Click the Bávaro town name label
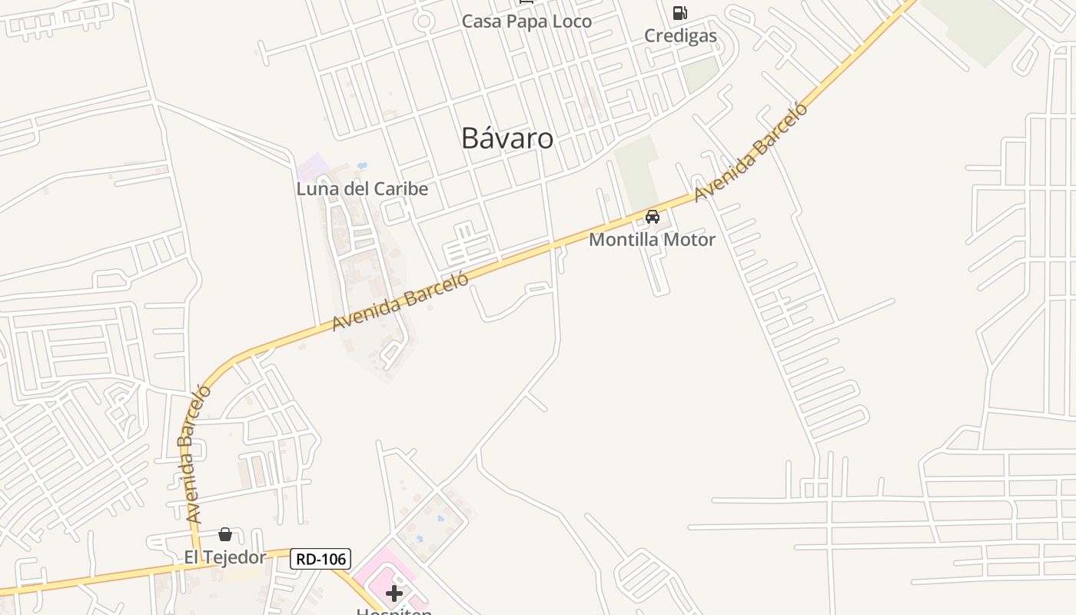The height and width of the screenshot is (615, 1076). [x=507, y=138]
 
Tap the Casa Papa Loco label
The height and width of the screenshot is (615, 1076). [x=526, y=21]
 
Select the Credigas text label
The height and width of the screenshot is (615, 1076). [x=680, y=35]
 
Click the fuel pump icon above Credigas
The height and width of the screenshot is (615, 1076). [x=679, y=12]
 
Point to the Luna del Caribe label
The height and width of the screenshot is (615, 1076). [x=362, y=188]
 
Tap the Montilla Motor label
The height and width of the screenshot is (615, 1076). [x=652, y=239]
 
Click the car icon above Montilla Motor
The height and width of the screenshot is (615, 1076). [x=653, y=217]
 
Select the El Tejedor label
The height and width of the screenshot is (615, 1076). [x=224, y=557]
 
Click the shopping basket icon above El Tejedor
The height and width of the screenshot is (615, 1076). [x=225, y=534]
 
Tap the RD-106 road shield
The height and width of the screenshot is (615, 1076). [x=320, y=559]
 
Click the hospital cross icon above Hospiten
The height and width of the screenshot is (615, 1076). [x=394, y=593]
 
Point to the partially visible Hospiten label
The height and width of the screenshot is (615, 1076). [x=394, y=612]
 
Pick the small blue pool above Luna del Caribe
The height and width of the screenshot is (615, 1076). [x=362, y=165]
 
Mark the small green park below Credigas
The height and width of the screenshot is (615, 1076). [x=699, y=74]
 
